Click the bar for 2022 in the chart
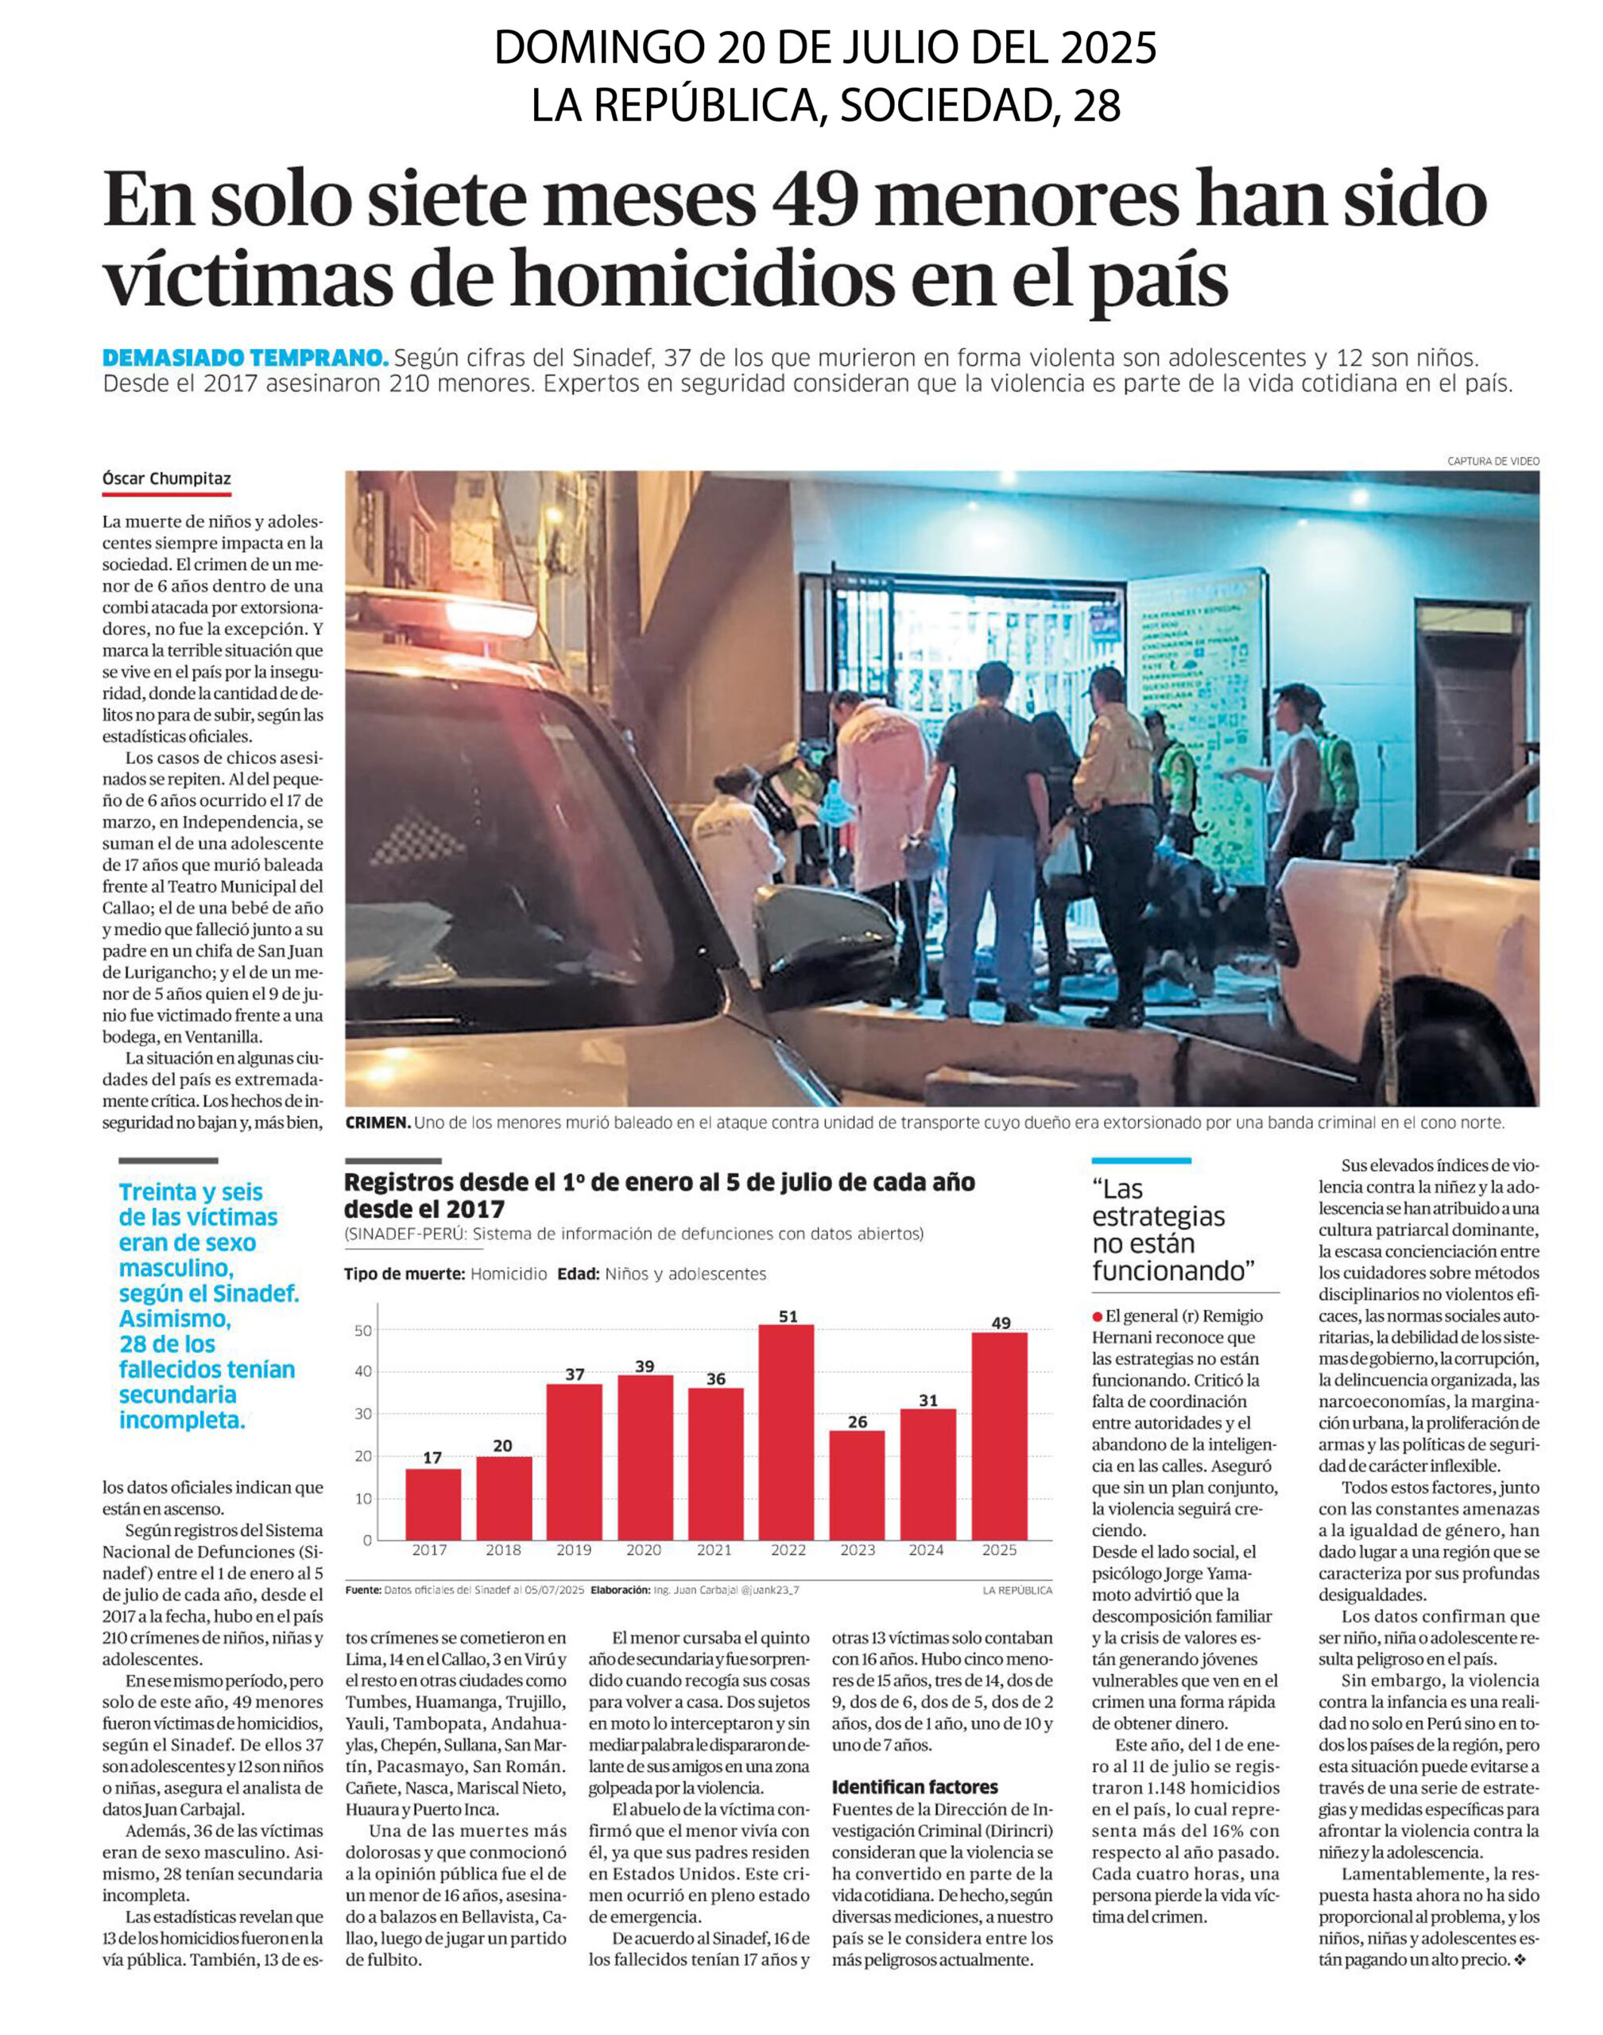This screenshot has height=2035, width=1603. (788, 1432)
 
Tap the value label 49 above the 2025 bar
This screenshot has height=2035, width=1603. (1001, 1323)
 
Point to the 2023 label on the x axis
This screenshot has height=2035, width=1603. (857, 1551)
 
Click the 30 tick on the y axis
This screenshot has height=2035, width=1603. (362, 1413)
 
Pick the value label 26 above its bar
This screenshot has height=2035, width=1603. (857, 1421)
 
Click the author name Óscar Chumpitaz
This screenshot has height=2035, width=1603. (166, 479)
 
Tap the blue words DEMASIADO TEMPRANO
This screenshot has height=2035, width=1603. (245, 358)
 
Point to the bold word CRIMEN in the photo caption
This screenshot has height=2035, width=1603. (378, 1122)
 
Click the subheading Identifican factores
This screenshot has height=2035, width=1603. (914, 1787)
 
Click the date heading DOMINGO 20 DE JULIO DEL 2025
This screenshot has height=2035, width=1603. (825, 47)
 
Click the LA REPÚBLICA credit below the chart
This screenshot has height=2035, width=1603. (1017, 1590)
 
